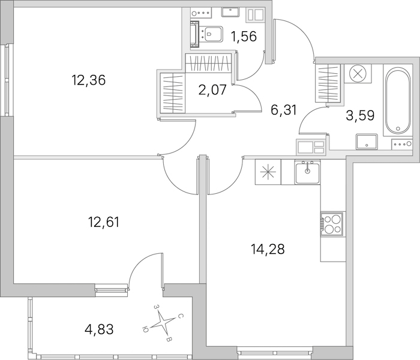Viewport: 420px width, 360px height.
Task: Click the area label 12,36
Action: [88, 80]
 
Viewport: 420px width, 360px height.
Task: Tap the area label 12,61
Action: [104, 222]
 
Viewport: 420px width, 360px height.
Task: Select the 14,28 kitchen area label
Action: [268, 249]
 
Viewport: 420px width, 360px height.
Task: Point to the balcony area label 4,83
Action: [99, 329]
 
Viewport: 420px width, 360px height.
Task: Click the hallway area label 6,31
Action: [284, 110]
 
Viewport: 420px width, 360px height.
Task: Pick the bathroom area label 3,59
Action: [360, 116]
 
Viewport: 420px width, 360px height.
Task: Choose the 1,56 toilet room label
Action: [244, 36]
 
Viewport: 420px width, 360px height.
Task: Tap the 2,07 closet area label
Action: [212, 90]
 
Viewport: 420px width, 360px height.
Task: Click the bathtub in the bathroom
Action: [398, 100]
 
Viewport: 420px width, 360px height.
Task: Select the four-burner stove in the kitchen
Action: [332, 224]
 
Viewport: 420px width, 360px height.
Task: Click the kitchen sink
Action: [307, 172]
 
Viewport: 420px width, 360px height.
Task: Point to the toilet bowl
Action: [212, 34]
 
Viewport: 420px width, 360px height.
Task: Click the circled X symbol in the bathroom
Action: [358, 74]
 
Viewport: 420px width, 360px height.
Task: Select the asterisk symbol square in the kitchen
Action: [268, 172]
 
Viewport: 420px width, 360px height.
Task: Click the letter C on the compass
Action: [181, 317]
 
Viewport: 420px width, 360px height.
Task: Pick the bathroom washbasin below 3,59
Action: [367, 142]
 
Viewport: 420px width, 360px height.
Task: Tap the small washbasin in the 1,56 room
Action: [230, 13]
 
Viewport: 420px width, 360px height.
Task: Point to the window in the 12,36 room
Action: [6, 80]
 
